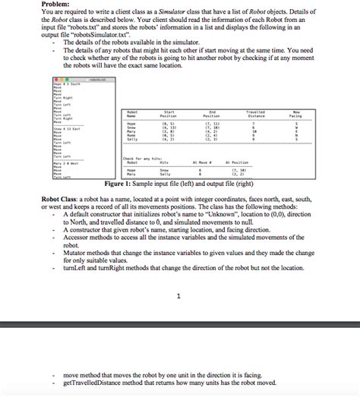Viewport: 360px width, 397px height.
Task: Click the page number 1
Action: pyautogui.click(x=176, y=296)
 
